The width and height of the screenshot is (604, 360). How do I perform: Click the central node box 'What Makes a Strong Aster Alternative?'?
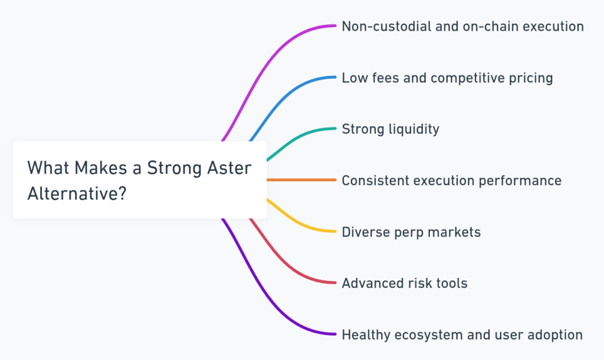pyautogui.click(x=139, y=179)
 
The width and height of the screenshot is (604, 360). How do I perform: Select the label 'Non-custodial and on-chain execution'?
pyautogui.click(x=462, y=27)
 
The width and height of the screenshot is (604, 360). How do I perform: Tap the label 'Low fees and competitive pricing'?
pyautogui.click(x=447, y=78)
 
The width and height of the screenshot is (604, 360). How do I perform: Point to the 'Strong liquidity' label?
pyautogui.click(x=390, y=129)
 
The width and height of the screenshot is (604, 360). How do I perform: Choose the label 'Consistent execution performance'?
pyautogui.click(x=451, y=181)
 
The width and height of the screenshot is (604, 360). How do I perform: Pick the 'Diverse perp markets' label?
pyautogui.click(x=411, y=232)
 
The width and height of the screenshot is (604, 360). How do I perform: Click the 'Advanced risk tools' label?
pyautogui.click(x=405, y=283)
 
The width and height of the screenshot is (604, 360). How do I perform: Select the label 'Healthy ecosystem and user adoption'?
pyautogui.click(x=462, y=335)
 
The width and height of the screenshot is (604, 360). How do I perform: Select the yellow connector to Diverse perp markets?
pyautogui.click(x=298, y=222)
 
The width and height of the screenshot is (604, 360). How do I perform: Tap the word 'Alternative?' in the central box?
pyautogui.click(x=77, y=193)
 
